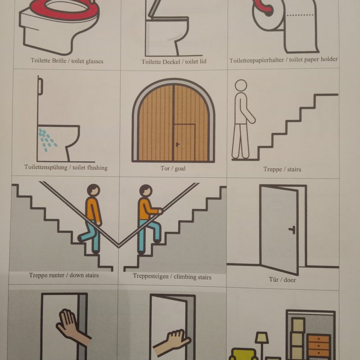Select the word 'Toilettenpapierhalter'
coord(256,60)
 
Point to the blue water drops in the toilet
coord(47,139)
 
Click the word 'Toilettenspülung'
coord(46,167)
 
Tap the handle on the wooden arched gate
coord(177,144)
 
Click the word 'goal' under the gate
coord(180,168)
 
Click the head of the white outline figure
coord(241,85)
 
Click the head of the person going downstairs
coord(94,190)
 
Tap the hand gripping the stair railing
coord(160,211)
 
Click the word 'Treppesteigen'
coord(150,276)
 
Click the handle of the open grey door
coord(292,229)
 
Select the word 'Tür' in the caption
coord(274,279)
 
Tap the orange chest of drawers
coord(319,346)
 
